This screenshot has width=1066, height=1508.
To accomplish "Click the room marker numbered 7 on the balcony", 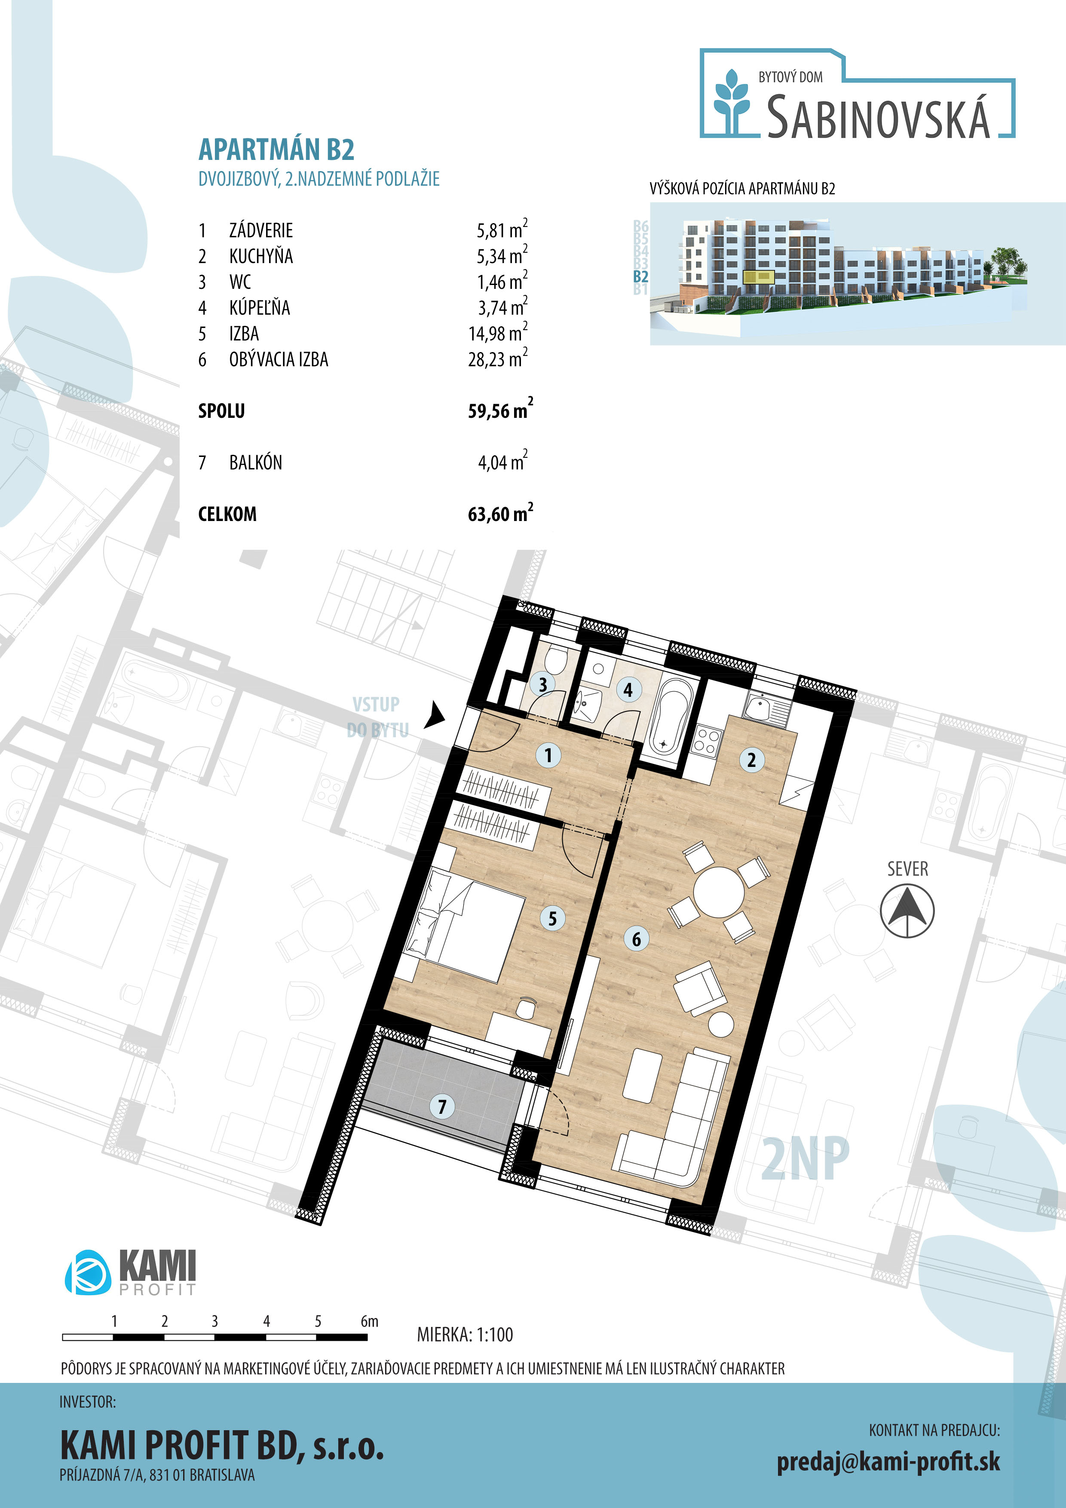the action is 442,1106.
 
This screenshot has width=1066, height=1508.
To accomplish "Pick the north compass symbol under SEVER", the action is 907,910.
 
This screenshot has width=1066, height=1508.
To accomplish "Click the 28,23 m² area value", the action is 498,358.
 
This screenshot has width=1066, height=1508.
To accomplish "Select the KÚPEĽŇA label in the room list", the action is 260,307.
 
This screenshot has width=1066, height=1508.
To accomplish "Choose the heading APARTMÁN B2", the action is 276,150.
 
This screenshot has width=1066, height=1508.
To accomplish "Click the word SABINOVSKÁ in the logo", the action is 878,117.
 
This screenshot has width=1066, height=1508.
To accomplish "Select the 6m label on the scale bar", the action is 369,1321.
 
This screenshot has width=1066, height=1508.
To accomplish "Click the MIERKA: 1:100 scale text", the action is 465,1334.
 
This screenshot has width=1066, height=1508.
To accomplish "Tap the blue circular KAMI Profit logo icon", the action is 87,1272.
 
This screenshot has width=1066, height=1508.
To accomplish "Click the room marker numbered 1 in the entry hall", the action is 548,755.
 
